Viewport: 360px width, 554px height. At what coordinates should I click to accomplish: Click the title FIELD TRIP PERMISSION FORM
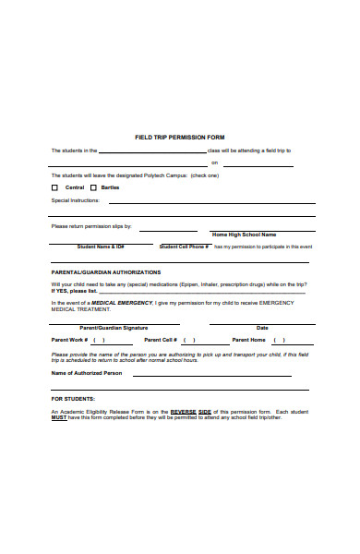pos(180,137)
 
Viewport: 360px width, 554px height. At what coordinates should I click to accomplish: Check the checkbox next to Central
pos(54,187)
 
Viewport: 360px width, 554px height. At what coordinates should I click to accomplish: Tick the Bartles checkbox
pos(92,187)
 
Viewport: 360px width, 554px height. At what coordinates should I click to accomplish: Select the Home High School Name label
pos(244,235)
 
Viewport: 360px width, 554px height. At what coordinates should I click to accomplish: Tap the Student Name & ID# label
pos(101,247)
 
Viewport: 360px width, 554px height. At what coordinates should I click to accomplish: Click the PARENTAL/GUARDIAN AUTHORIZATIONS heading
pos(105,272)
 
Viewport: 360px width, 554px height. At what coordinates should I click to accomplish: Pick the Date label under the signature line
pos(262,328)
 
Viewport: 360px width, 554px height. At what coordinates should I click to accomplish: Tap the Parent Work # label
pos(70,340)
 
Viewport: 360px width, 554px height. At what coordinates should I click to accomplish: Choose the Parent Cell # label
pos(161,340)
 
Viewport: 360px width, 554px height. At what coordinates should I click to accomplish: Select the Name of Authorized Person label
pos(86,373)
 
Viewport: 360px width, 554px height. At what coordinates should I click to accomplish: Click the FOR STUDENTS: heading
pos(74,399)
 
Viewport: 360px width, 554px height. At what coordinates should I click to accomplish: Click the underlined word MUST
pos(58,417)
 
